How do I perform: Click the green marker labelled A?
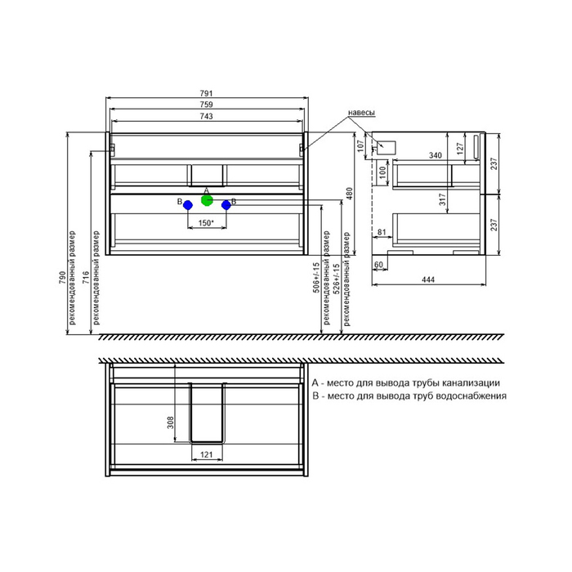[207, 200]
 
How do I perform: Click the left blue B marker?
[188, 205]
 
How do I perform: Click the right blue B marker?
[226, 205]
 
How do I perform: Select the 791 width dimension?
[206, 94]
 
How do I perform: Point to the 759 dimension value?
[206, 105]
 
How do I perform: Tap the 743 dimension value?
[206, 116]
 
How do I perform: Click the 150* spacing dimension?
[206, 223]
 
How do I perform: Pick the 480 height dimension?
[349, 194]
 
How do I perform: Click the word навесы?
[361, 113]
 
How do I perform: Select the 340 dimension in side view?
[436, 155]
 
